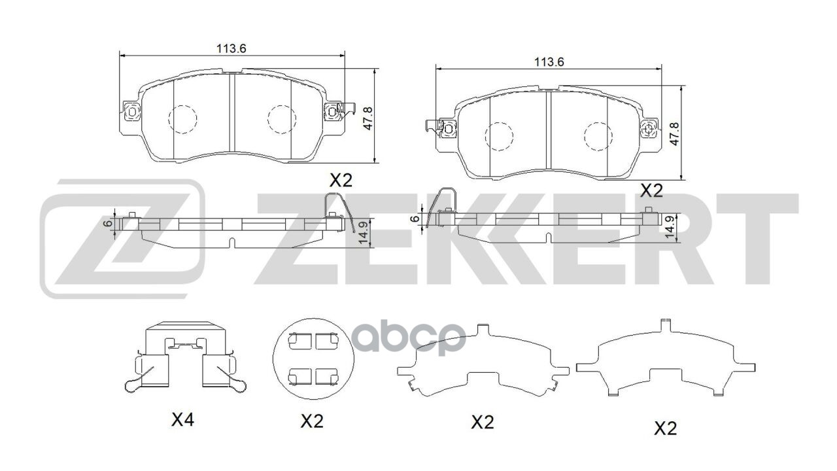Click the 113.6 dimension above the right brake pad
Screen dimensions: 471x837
[549, 62]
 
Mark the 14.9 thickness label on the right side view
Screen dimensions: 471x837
[669, 228]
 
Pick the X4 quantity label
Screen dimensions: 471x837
[182, 421]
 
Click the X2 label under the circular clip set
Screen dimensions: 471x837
[312, 422]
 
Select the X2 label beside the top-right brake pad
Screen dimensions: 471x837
[651, 190]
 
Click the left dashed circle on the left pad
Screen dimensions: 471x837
[182, 118]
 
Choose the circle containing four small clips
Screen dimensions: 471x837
[313, 358]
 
